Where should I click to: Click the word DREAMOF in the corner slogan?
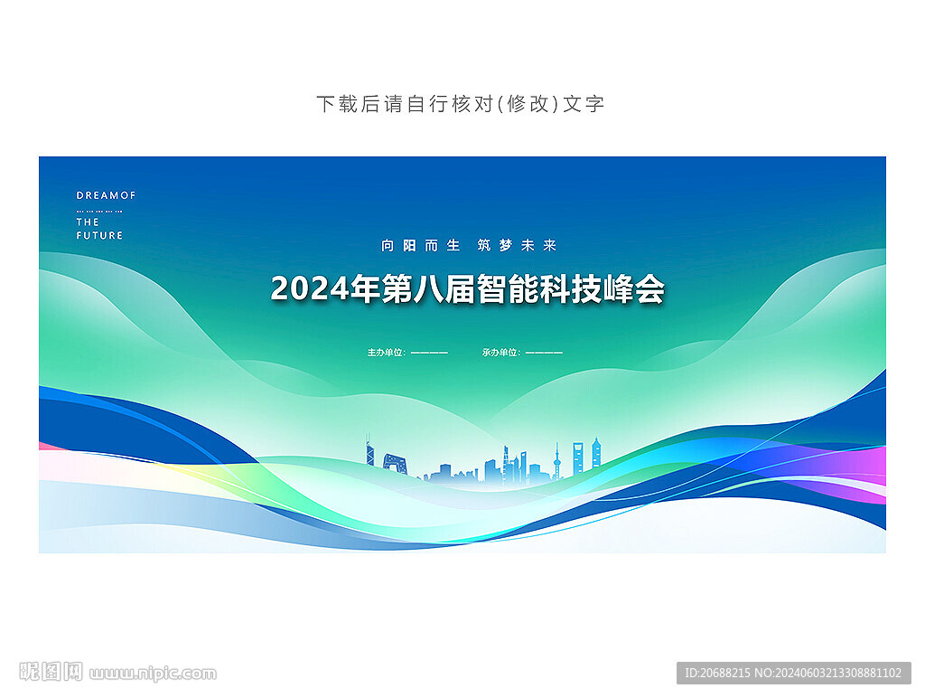[x=106, y=195]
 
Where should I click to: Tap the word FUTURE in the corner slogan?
[x=99, y=235]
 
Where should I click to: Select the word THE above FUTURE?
[x=88, y=222]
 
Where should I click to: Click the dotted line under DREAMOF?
[x=99, y=211]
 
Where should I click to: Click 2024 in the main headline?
[x=310, y=289]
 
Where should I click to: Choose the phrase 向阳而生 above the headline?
[x=421, y=245]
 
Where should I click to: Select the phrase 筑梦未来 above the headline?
[x=517, y=245]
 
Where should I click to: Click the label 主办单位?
[x=385, y=353]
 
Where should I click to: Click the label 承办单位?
[x=500, y=353]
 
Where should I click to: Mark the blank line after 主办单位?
[x=429, y=353]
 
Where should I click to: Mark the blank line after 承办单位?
[x=544, y=353]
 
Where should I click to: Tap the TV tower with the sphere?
[x=556, y=460]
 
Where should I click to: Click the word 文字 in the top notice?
[x=584, y=104]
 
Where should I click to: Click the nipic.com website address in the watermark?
[x=153, y=674]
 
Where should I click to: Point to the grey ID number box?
[x=793, y=673]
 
